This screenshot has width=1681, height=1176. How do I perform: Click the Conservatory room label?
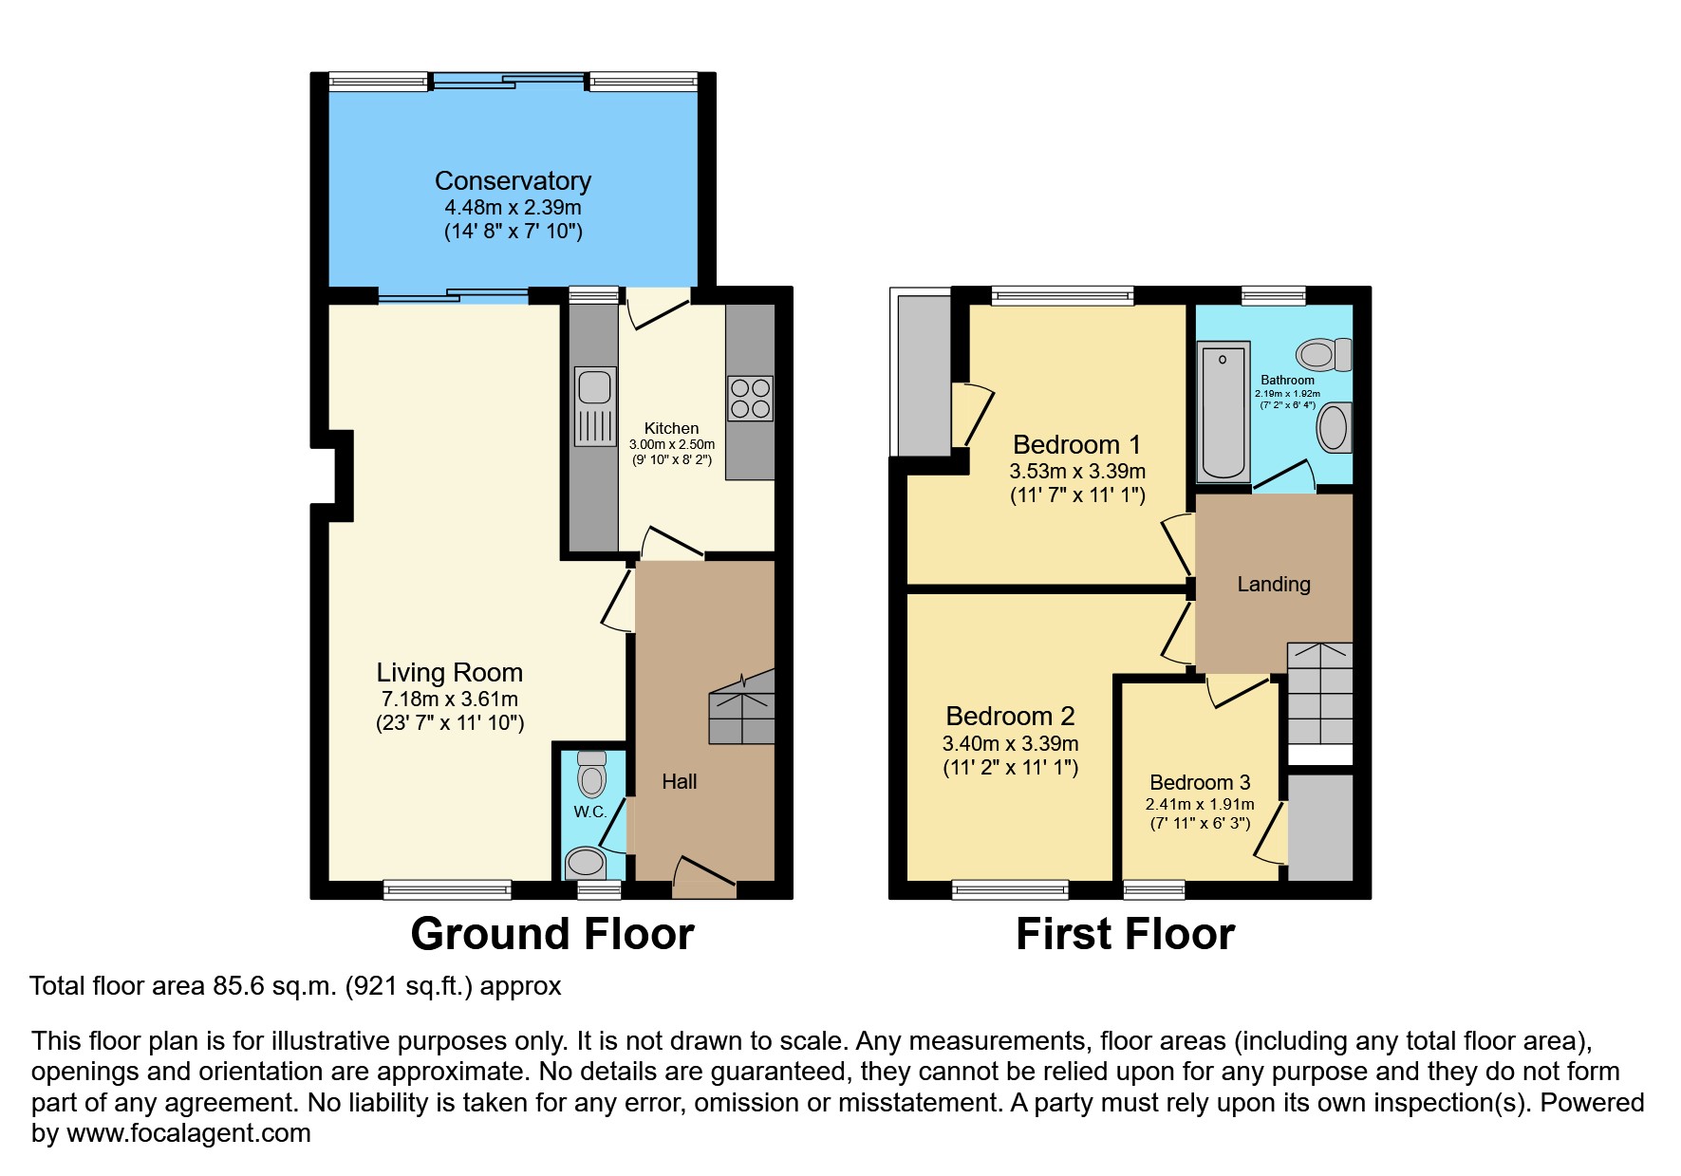point(513,180)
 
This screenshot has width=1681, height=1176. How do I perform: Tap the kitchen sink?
point(595,406)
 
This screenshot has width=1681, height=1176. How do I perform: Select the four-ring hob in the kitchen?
point(750,399)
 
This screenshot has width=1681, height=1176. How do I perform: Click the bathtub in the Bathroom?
point(1223,412)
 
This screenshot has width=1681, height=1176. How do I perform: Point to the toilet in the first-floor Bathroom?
point(1323,354)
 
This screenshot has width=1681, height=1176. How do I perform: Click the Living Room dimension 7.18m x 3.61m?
point(450,700)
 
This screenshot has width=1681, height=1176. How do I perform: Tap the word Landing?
point(1273,585)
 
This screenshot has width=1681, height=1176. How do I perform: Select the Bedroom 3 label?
point(1199,782)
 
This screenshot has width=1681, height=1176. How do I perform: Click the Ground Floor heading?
point(551,934)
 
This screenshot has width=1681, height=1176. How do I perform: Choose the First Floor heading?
point(1125,934)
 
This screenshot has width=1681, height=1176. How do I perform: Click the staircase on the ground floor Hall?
point(742,712)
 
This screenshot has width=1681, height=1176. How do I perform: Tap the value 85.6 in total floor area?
point(239,986)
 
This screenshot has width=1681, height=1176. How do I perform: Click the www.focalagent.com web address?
point(188,1133)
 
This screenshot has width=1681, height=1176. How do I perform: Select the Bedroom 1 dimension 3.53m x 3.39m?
point(1076,472)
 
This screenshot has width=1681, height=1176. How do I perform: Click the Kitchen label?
point(671,428)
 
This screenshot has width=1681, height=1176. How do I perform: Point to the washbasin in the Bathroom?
point(1334,428)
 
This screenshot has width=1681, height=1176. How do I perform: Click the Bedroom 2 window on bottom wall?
point(1010,889)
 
